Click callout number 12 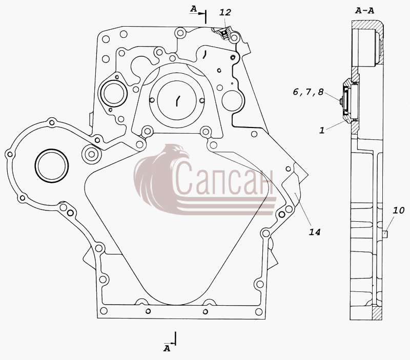[x=225, y=12]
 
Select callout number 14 [x=315, y=232]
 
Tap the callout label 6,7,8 [x=309, y=92]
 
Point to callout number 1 [x=322, y=130]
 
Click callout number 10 [x=399, y=210]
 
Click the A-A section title [x=365, y=11]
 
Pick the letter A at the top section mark [x=193, y=9]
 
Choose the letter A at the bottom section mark [x=167, y=348]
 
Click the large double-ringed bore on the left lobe [x=52, y=165]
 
